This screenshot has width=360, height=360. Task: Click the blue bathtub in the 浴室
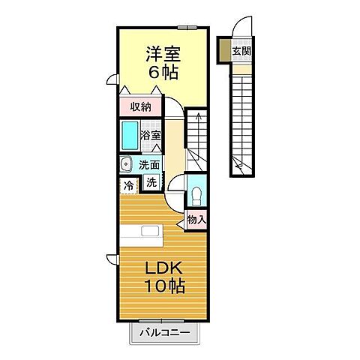tap(130, 136)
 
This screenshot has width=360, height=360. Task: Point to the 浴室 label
tap(151, 136)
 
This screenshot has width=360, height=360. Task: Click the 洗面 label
tap(148, 164)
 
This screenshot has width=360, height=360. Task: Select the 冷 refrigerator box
tap(128, 184)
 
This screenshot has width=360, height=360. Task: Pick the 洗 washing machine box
tap(151, 182)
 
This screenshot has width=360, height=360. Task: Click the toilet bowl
tap(196, 197)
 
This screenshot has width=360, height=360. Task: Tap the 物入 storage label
tap(196, 220)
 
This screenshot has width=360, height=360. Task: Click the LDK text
tap(160, 268)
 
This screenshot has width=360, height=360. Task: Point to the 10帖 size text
tap(160, 286)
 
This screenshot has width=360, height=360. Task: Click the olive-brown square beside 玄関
tap(224, 51)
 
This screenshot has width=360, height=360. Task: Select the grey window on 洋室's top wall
tap(187, 26)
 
